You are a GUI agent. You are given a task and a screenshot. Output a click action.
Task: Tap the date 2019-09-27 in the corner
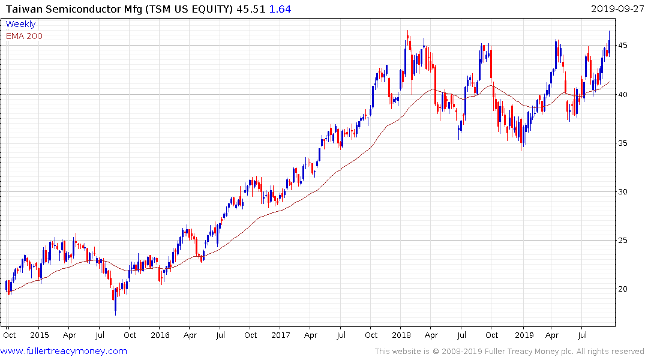tap(616, 9)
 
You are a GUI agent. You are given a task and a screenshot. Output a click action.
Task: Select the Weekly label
tap(20, 24)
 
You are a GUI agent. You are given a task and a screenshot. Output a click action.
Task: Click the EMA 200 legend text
tap(24, 35)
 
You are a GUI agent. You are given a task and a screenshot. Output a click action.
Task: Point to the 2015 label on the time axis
tap(39, 335)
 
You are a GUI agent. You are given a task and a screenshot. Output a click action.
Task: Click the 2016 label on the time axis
tap(160, 335)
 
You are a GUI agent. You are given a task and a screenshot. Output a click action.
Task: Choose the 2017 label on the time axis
tap(281, 335)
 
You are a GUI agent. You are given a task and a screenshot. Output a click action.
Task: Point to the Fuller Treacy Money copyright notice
tap(509, 352)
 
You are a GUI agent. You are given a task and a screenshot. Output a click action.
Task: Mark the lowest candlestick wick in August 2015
tap(115, 313)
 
